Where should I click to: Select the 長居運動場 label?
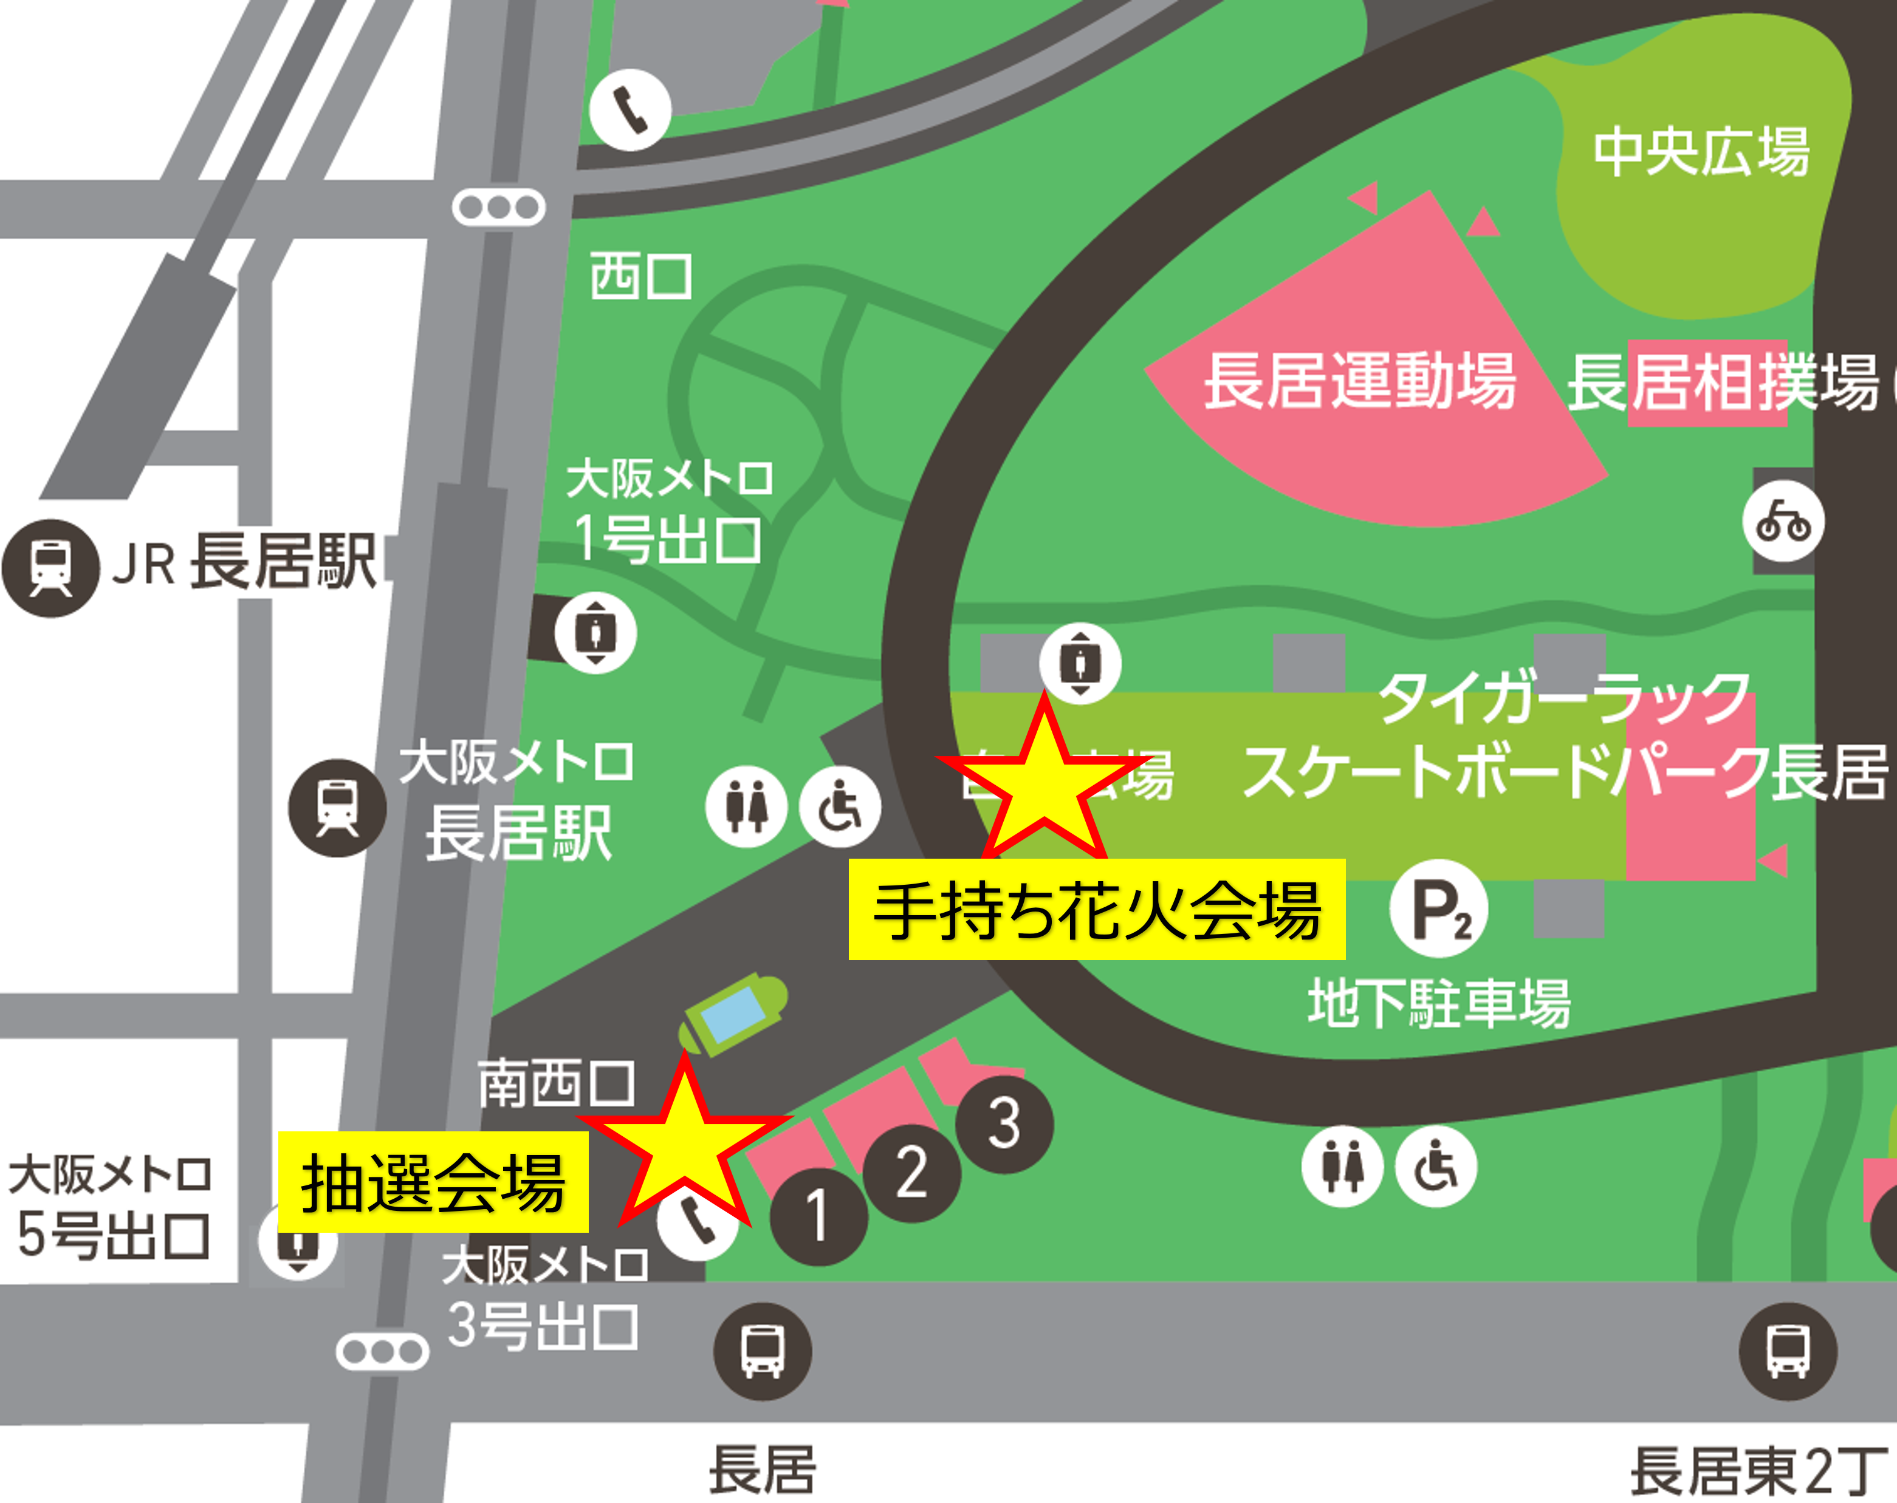(x=1359, y=381)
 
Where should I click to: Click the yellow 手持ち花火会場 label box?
(x=1096, y=908)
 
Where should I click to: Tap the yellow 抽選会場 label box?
(x=433, y=1181)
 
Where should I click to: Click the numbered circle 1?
(x=818, y=1216)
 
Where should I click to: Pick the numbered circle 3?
(x=1004, y=1124)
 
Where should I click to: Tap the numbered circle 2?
(x=911, y=1172)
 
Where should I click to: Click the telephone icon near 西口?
(x=630, y=110)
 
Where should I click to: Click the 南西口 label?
(x=555, y=1083)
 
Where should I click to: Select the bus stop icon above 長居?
(x=762, y=1351)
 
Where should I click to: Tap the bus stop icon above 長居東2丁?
(x=1788, y=1351)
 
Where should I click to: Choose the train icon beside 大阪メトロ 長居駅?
(x=337, y=807)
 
